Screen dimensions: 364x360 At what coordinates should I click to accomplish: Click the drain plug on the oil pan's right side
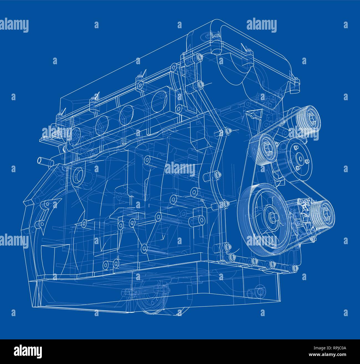point(259,291)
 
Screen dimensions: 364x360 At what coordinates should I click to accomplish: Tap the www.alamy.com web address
point(329,355)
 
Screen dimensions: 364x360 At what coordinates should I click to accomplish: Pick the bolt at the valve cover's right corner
point(297,81)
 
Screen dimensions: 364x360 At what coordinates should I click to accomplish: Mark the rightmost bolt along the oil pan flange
point(295,267)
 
